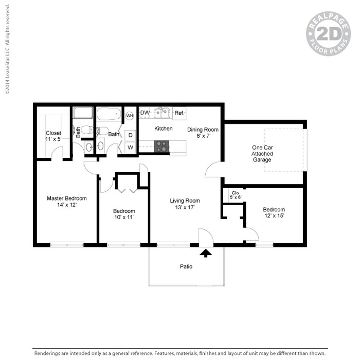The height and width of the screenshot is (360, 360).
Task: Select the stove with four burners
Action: pyautogui.click(x=161, y=146)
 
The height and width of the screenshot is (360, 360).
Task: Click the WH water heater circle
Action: pyautogui.click(x=130, y=116)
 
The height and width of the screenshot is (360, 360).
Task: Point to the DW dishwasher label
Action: pyautogui.click(x=145, y=113)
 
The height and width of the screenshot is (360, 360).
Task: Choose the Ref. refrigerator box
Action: pyautogui.click(x=179, y=113)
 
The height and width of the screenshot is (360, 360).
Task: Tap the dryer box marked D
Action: pyautogui.click(x=130, y=135)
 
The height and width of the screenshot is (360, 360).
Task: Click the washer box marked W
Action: pyautogui.click(x=130, y=147)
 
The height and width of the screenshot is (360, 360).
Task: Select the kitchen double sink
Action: pyautogui.click(x=162, y=112)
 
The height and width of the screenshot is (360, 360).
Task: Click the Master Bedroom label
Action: pyautogui.click(x=67, y=202)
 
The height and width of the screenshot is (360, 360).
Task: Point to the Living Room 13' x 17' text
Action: pyautogui.click(x=185, y=204)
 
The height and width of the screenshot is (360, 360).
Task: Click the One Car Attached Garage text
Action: pyautogui.click(x=262, y=153)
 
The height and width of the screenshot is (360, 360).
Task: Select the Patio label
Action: pyautogui.click(x=186, y=266)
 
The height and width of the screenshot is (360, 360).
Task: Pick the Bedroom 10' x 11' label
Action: pyautogui.click(x=124, y=214)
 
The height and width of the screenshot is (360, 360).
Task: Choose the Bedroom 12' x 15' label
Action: pyautogui.click(x=274, y=212)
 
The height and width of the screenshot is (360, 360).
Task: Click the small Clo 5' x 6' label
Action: pyautogui.click(x=235, y=195)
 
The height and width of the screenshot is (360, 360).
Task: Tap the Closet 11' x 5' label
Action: pyautogui.click(x=53, y=136)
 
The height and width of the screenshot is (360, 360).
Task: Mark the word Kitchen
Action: pyautogui.click(x=164, y=129)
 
